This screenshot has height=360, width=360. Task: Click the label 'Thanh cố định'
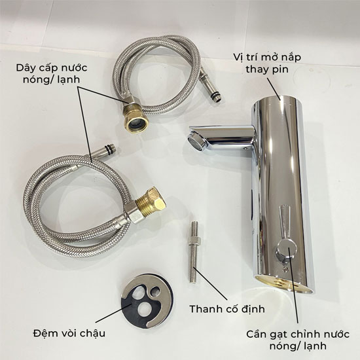[x=227, y=309]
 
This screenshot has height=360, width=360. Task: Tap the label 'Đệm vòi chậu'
[x=69, y=333]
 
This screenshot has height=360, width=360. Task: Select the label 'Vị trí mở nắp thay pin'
[x=267, y=63]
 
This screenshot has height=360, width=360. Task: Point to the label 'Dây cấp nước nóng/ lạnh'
[x=52, y=74]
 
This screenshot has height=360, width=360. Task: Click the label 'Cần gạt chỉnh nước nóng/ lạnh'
[x=298, y=340]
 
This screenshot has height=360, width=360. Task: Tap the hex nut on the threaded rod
[x=194, y=242]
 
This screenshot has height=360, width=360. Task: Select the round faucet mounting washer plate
[x=147, y=301]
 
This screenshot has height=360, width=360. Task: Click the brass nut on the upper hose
[x=135, y=118]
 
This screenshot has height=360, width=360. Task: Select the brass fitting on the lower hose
[x=150, y=202]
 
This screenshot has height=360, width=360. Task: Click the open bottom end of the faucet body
[x=285, y=283]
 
